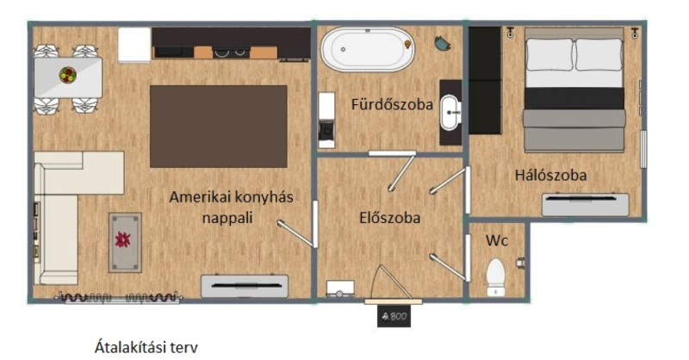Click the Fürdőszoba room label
[x=392, y=104]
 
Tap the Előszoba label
[x=390, y=218]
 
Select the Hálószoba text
[x=550, y=176]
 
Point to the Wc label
[x=497, y=240]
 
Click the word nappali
[x=227, y=218]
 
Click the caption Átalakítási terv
[x=146, y=347]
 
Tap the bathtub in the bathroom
[x=368, y=49]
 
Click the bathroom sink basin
[x=450, y=113]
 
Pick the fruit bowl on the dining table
[x=68, y=75]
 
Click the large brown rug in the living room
[x=219, y=126]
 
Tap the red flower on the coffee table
[x=122, y=239]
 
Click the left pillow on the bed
[x=549, y=54]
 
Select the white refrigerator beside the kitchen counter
[x=134, y=45]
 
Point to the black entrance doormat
[x=394, y=316]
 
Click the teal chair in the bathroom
[x=443, y=43]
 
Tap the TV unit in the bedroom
[x=586, y=204]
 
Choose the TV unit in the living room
[x=245, y=286]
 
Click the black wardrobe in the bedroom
[x=485, y=80]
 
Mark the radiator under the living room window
[x=119, y=298]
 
